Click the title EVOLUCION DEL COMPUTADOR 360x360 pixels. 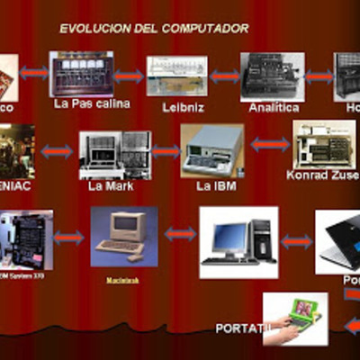tap(154, 28)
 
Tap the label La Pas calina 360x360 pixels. tap(92, 103)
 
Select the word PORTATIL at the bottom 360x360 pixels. tap(242, 328)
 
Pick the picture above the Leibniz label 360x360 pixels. tap(176, 76)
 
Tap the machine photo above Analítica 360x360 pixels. tap(272, 76)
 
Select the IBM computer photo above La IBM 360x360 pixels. tap(211, 150)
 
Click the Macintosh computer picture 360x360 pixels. tap(123, 236)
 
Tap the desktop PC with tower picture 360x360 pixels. tap(238, 241)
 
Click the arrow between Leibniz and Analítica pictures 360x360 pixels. tap(224, 76)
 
